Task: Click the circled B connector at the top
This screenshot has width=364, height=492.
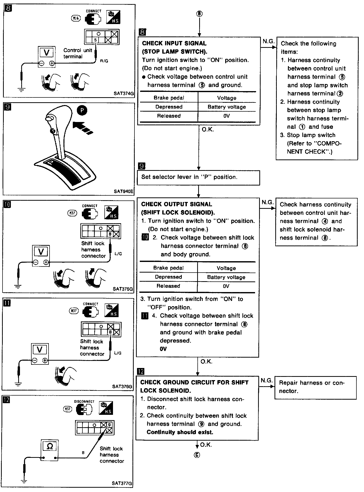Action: pyautogui.click(x=199, y=14)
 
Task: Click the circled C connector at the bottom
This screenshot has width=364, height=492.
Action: pyautogui.click(x=197, y=455)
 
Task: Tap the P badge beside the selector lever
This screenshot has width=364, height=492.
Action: pyautogui.click(x=82, y=111)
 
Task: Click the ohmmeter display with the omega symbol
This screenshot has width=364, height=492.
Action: pyautogui.click(x=50, y=446)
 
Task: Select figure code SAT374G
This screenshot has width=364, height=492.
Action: pyautogui.click(x=123, y=93)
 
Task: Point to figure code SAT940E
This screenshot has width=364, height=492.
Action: pyautogui.click(x=123, y=191)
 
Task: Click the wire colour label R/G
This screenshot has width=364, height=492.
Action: pyautogui.click(x=104, y=61)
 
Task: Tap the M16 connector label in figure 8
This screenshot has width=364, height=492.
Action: pyautogui.click(x=76, y=18)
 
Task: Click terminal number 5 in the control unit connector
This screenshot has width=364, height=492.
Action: pyautogui.click(x=95, y=40)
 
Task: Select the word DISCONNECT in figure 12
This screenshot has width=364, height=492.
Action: pyautogui.click(x=84, y=401)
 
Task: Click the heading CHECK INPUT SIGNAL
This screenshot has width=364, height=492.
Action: pyautogui.click(x=174, y=43)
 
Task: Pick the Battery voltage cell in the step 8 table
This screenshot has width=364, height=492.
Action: pyautogui.click(x=227, y=107)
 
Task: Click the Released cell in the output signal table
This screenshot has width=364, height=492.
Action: pyautogui.click(x=168, y=286)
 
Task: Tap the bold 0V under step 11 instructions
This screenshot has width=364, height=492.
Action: pyautogui.click(x=163, y=349)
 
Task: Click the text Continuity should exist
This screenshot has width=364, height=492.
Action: pyautogui.click(x=180, y=432)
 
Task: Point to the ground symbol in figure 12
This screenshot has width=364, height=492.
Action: pyautogui.click(x=24, y=482)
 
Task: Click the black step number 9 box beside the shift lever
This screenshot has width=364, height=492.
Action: pyautogui.click(x=8, y=107)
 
